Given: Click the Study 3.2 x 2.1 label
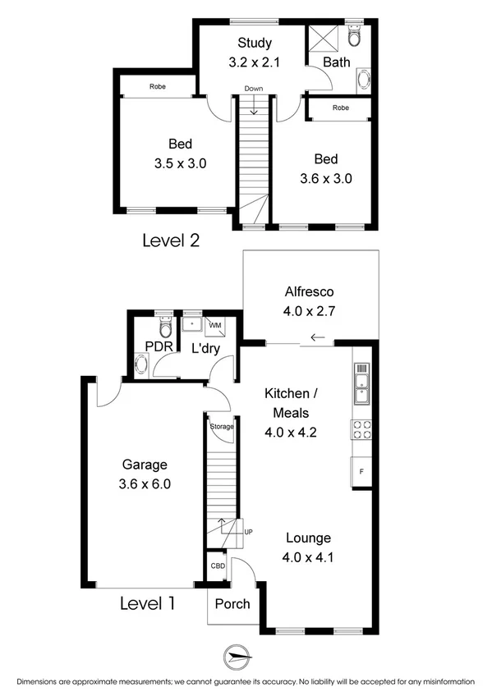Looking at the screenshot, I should pyautogui.click(x=255, y=52).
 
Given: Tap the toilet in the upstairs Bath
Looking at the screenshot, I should pyautogui.click(x=354, y=36).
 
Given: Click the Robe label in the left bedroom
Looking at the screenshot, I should pyautogui.click(x=158, y=86).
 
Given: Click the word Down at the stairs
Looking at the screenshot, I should pyautogui.click(x=254, y=89).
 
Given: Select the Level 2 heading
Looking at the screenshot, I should pyautogui.click(x=171, y=240).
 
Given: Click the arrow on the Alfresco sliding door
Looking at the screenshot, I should pyautogui.click(x=317, y=337).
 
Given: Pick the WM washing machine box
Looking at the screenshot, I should pyautogui.click(x=215, y=327).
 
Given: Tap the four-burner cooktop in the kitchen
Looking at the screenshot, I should pyautogui.click(x=361, y=429).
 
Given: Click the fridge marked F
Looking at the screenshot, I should pyautogui.click(x=361, y=473).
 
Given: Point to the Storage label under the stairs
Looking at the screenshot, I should pyautogui.click(x=222, y=427).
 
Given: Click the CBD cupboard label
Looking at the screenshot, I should pyautogui.click(x=218, y=566).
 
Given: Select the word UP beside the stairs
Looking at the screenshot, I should pyautogui.click(x=247, y=533).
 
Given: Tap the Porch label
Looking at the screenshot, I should pyautogui.click(x=232, y=604).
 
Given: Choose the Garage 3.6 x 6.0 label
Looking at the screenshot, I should pyautogui.click(x=144, y=474).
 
